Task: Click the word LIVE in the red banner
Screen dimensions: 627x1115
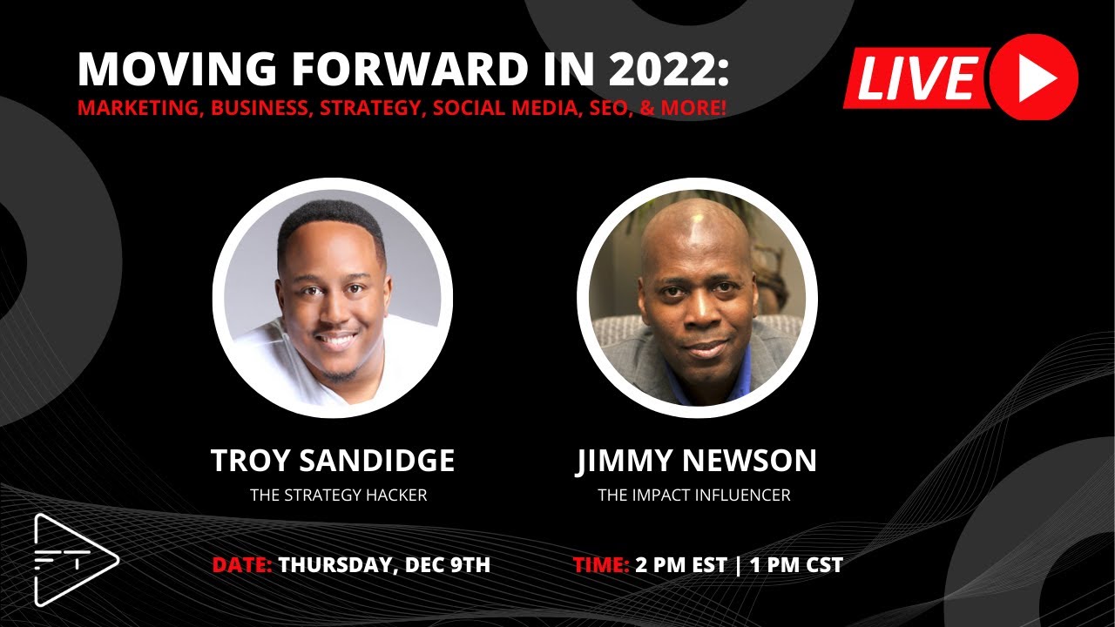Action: (916, 79)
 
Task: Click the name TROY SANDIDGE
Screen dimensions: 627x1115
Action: (333, 461)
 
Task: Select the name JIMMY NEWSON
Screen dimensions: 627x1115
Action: (696, 461)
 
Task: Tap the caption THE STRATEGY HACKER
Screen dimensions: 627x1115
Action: (339, 496)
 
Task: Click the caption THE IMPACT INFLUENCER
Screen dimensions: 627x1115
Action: (694, 496)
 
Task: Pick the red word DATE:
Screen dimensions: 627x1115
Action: (242, 564)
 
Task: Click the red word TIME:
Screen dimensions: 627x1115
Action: (601, 564)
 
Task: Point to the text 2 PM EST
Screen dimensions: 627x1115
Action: (680, 564)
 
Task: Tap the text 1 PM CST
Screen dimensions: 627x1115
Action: (796, 564)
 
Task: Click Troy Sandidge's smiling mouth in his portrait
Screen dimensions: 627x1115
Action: (337, 340)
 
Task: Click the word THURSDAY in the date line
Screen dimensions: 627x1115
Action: (336, 564)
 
